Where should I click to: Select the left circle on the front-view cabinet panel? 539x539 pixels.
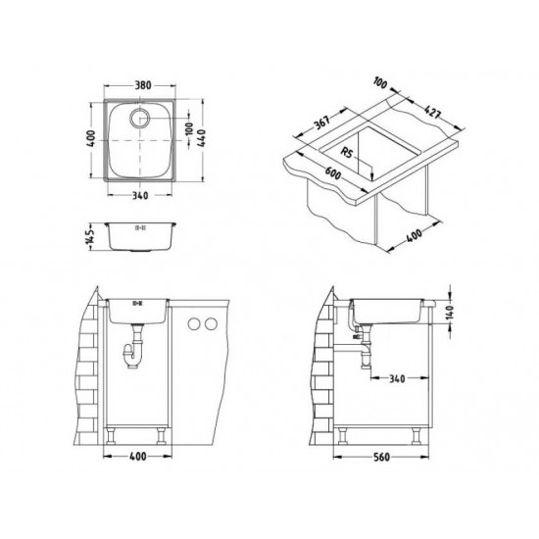pyautogui.click(x=191, y=323)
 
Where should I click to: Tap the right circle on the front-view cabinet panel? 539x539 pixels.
pyautogui.click(x=209, y=323)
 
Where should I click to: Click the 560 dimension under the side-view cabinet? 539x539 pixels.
pyautogui.click(x=387, y=456)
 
